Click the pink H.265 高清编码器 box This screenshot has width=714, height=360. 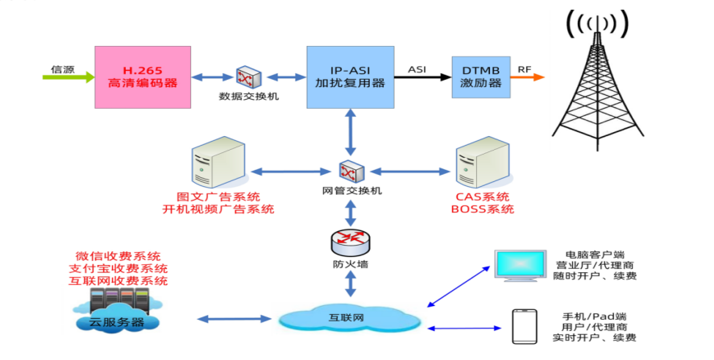[x=143, y=77]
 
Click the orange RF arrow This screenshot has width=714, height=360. [x=531, y=78]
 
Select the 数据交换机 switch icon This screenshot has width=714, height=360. [x=245, y=77]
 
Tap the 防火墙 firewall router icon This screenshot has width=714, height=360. [x=350, y=242]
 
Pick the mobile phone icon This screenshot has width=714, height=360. [x=525, y=327]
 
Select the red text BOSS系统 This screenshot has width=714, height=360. [x=482, y=209]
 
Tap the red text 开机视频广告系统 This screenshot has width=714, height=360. [x=218, y=209]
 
